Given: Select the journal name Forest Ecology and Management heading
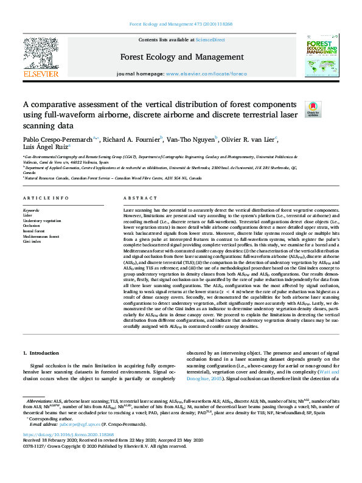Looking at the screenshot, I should (181, 57).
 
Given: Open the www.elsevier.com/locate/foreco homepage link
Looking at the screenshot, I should (206, 74).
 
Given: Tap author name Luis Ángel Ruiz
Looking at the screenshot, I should (45, 147).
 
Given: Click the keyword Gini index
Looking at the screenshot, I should (32, 241).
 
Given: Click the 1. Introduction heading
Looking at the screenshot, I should (41, 353).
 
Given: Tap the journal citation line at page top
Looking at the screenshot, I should (181, 24).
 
